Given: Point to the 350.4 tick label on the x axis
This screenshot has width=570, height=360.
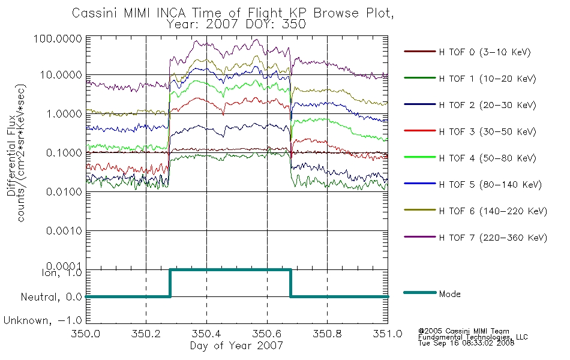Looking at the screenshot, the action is (x=206, y=333).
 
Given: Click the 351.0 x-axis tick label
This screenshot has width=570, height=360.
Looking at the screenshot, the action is (x=388, y=333).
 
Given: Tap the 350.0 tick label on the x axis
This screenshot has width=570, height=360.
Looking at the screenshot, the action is (x=86, y=333).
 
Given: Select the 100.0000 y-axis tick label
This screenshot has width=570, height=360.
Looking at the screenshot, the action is (x=58, y=38).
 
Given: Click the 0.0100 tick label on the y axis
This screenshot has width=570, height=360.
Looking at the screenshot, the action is (x=64, y=191).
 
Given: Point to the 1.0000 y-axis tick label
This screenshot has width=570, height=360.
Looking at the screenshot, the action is (x=64, y=114).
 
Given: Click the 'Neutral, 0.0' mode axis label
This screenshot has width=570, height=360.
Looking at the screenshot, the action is (x=51, y=297).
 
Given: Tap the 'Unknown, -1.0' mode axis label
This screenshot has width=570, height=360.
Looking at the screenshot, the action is (x=43, y=320).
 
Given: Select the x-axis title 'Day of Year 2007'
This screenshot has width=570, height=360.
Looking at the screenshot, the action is (x=236, y=345).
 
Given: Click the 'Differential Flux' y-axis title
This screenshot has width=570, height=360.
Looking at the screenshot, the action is (x=11, y=155).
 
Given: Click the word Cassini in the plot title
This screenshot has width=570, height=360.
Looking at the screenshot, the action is (x=95, y=13).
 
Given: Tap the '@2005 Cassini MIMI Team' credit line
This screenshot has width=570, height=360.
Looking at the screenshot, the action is (x=464, y=331).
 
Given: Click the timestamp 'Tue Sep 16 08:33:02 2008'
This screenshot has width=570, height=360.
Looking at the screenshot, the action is (x=466, y=343).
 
